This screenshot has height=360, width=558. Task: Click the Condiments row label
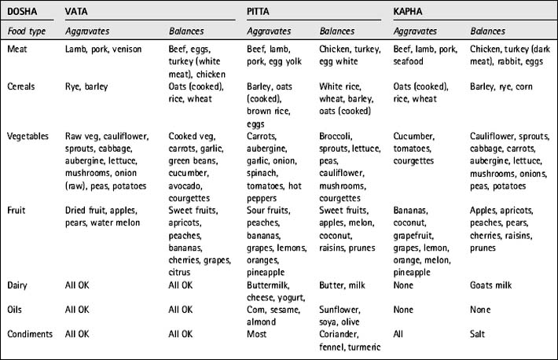pos(31,334)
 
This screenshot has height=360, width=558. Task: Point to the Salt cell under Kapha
pos(476,334)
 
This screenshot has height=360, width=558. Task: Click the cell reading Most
pos(256,334)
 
